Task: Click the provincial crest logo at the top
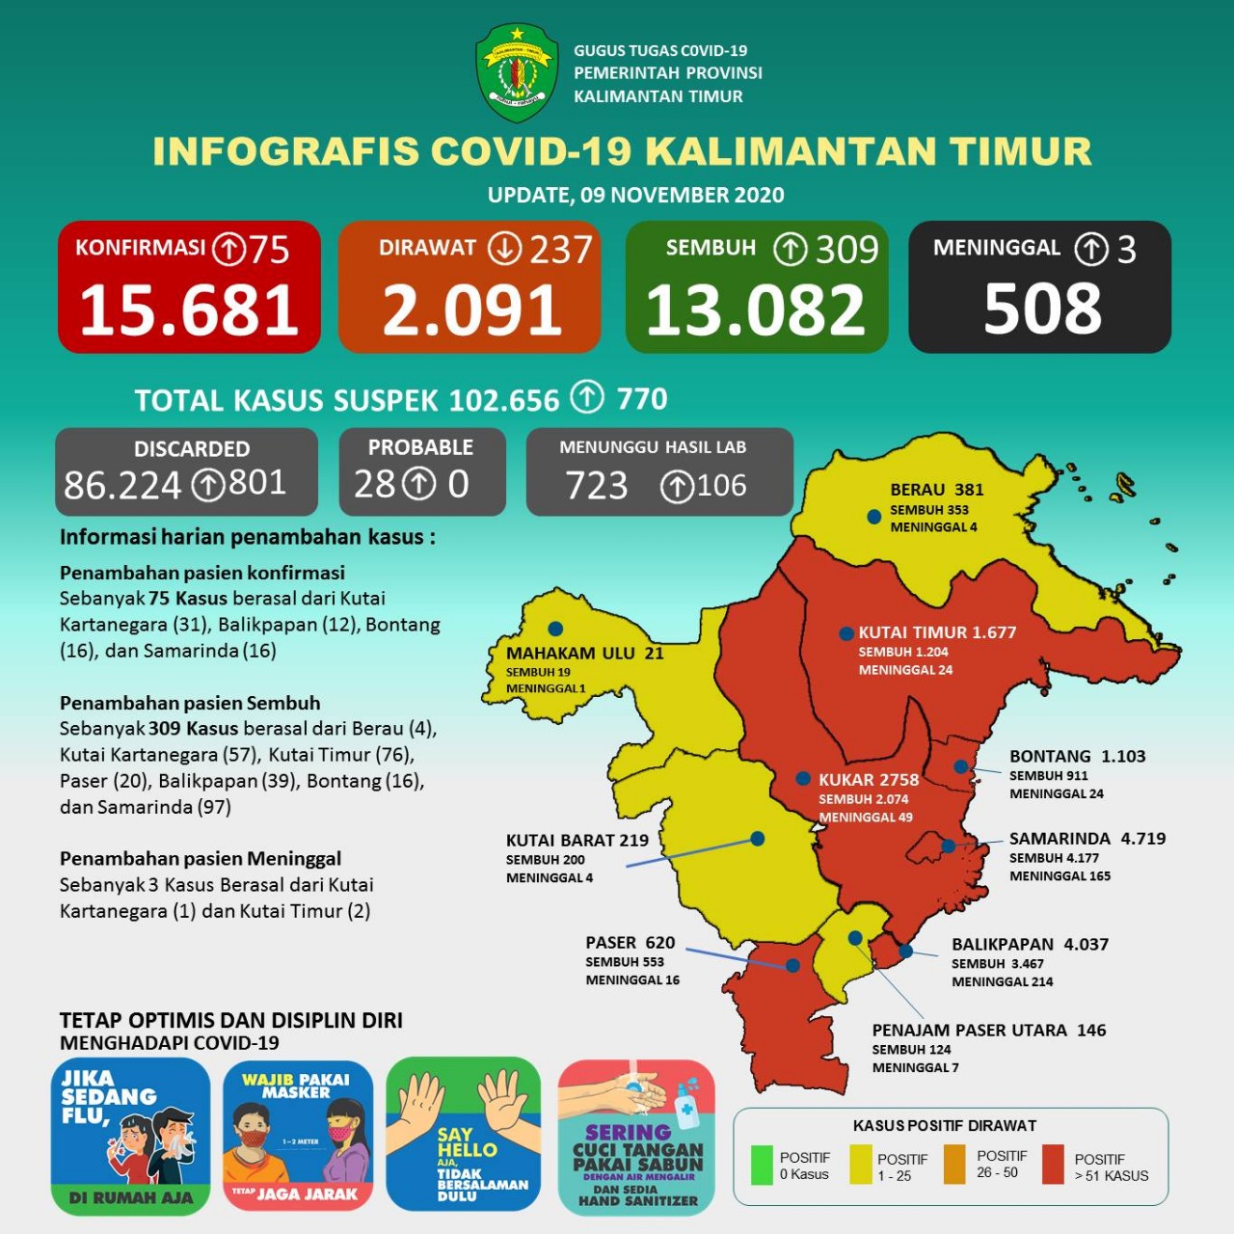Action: pyautogui.click(x=517, y=73)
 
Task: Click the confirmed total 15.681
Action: pyautogui.click(x=189, y=310)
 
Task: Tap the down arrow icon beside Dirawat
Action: pyautogui.click(x=504, y=249)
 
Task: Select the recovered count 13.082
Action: pyautogui.click(x=756, y=310)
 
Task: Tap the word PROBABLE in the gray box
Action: pyautogui.click(x=420, y=447)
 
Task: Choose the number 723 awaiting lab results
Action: pyautogui.click(x=597, y=486)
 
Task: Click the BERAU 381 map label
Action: pyautogui.click(x=936, y=490)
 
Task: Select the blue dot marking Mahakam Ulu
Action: pyautogui.click(x=555, y=629)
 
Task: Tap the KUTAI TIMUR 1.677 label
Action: pyautogui.click(x=937, y=632)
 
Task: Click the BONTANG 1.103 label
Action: pyautogui.click(x=1077, y=756)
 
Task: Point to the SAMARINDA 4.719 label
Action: pyautogui.click(x=1086, y=839)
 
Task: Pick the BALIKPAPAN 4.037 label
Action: pyautogui.click(x=1030, y=944)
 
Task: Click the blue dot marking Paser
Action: pyautogui.click(x=792, y=965)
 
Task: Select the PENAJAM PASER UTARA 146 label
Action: pyautogui.click(x=988, y=1030)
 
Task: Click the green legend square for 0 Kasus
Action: pyautogui.click(x=762, y=1165)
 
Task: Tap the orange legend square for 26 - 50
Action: pyautogui.click(x=954, y=1165)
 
